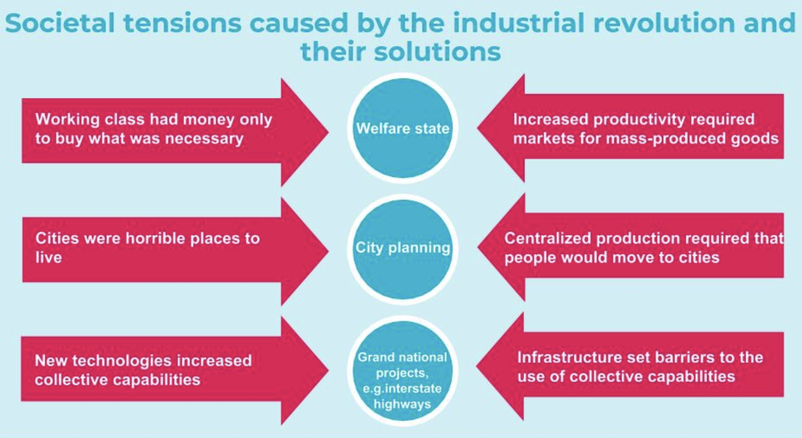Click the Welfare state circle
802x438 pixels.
tap(403, 128)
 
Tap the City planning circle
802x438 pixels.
tap(403, 249)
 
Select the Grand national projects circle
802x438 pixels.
tap(403, 371)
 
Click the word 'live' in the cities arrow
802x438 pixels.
tap(48, 258)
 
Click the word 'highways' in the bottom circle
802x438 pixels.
tap(402, 404)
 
